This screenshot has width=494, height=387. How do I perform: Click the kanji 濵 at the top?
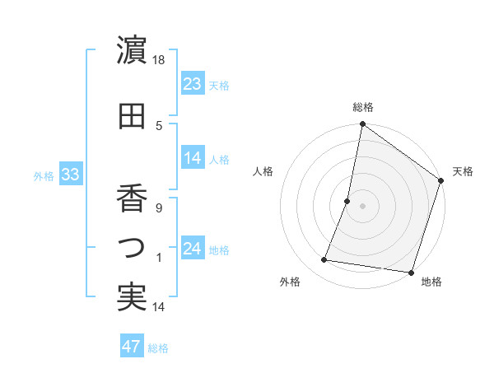tap(132, 51)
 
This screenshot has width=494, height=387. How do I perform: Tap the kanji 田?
tap(132, 115)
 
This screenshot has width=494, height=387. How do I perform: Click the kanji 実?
tap(132, 297)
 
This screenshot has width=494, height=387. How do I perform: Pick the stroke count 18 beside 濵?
tap(160, 60)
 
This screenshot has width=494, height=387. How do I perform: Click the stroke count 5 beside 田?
tap(160, 126)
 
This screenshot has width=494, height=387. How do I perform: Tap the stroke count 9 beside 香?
tap(160, 207)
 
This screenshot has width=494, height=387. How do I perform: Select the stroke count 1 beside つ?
tap(160, 258)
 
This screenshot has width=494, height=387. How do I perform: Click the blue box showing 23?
tap(193, 84)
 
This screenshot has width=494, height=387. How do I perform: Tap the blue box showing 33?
tap(70, 175)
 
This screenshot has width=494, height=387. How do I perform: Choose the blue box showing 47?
tap(132, 347)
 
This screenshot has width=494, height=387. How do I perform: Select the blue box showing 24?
tap(193, 249)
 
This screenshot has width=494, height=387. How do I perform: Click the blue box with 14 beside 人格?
tap(193, 158)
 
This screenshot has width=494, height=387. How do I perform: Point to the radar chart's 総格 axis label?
tap(363, 107)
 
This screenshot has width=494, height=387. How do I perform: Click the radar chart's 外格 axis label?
tap(290, 282)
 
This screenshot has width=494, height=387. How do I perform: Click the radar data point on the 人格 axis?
tap(347, 201)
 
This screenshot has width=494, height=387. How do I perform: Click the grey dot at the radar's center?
tap(363, 206)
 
